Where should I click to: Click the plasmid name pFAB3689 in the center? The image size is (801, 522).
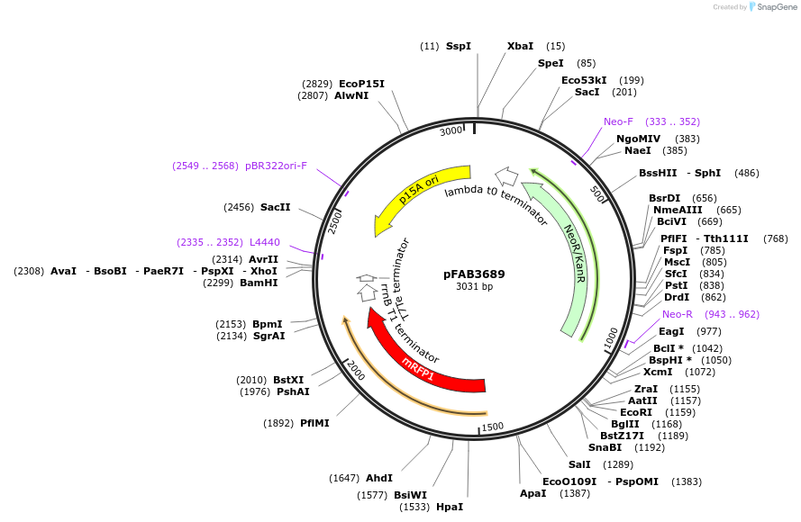point(474,274)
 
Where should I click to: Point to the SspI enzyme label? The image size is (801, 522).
point(458,46)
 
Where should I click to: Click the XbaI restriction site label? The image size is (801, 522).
point(520,46)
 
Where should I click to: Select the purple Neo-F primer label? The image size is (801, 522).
point(619,121)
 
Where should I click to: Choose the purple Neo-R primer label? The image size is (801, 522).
point(678,314)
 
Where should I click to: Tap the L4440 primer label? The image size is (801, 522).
point(264,242)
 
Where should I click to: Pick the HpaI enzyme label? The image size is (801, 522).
point(449,507)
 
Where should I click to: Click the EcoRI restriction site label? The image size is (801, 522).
point(635,412)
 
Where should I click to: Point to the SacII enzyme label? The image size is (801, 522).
point(275,208)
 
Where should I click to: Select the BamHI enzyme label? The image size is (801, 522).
point(259,283)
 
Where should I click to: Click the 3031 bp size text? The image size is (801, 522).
point(474,287)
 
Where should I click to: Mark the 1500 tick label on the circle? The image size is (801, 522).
point(492,427)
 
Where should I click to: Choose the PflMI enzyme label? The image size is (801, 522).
point(314,423)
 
